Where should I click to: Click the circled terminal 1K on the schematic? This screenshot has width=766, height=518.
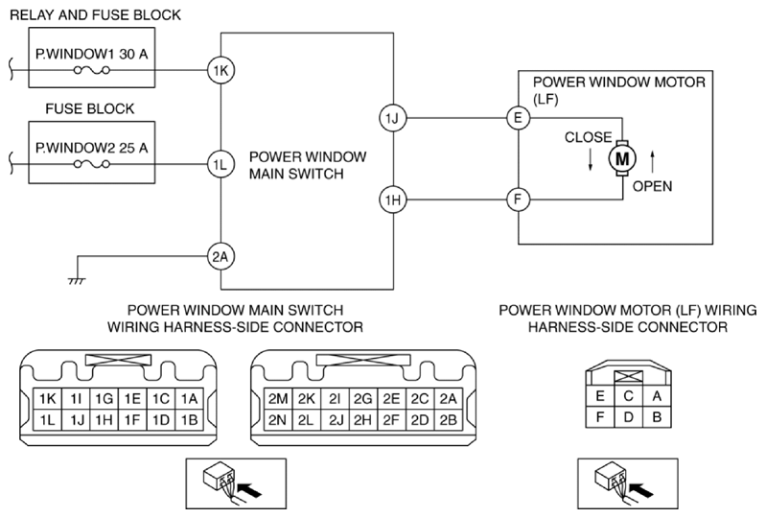(x=221, y=69)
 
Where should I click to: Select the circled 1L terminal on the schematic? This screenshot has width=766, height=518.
(x=221, y=164)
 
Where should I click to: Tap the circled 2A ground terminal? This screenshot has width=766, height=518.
(x=221, y=256)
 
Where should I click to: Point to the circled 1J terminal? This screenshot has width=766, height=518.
(x=391, y=118)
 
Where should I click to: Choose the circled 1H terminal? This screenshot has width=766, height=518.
(x=391, y=200)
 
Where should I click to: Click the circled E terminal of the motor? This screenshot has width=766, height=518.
(x=518, y=118)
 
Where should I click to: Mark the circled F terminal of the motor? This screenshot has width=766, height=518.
(x=518, y=200)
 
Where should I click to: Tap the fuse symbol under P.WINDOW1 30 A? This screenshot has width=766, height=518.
(x=92, y=70)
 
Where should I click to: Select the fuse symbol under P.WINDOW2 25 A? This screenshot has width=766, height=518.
(x=92, y=164)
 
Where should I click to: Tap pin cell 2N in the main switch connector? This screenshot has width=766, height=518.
(x=279, y=419)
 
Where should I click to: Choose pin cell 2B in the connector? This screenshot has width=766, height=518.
(x=447, y=419)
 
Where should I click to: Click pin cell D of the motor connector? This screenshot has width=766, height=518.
(x=627, y=419)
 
